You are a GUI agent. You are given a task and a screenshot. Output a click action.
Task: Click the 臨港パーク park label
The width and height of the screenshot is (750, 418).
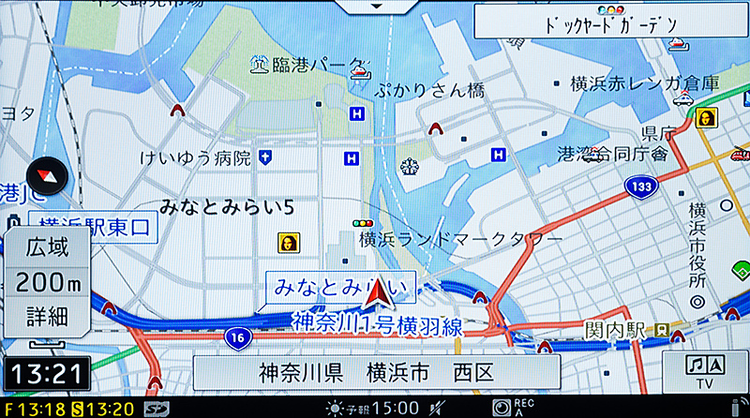click(305, 65)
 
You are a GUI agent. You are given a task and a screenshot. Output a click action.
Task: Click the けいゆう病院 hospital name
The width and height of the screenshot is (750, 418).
click(194, 157)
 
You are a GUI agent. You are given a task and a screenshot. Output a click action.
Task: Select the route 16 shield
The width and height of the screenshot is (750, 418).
click(239, 335)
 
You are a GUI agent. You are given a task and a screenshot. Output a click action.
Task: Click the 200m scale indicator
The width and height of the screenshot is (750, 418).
click(47, 280)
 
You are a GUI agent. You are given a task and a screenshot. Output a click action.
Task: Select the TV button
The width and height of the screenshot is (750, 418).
click(704, 372)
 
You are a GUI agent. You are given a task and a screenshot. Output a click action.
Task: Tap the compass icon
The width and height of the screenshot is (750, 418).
click(44, 174)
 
